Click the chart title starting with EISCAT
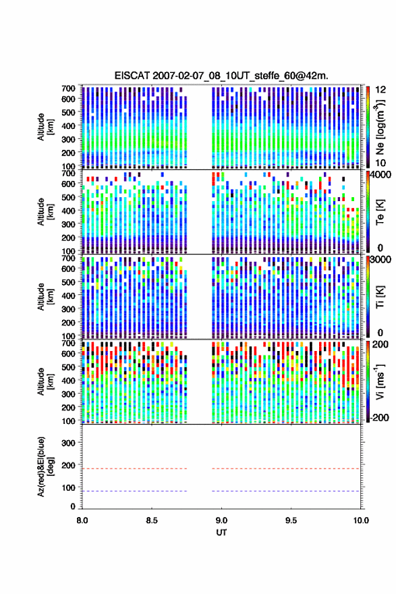coord(221,76)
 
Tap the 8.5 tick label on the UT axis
coord(152,520)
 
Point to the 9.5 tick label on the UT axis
coord(291,520)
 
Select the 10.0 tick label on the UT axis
coord(361,520)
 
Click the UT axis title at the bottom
coord(221,533)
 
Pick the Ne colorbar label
coord(380,128)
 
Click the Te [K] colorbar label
coord(380,212)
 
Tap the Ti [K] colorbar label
coord(380,297)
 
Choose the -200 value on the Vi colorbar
coord(378,417)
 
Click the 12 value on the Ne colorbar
coord(380,90)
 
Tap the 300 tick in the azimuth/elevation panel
coord(68,443)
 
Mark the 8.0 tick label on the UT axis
coord(82,520)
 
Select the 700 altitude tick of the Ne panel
coord(68,88)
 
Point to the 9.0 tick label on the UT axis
coord(221,520)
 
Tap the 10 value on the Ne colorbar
coord(380,163)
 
